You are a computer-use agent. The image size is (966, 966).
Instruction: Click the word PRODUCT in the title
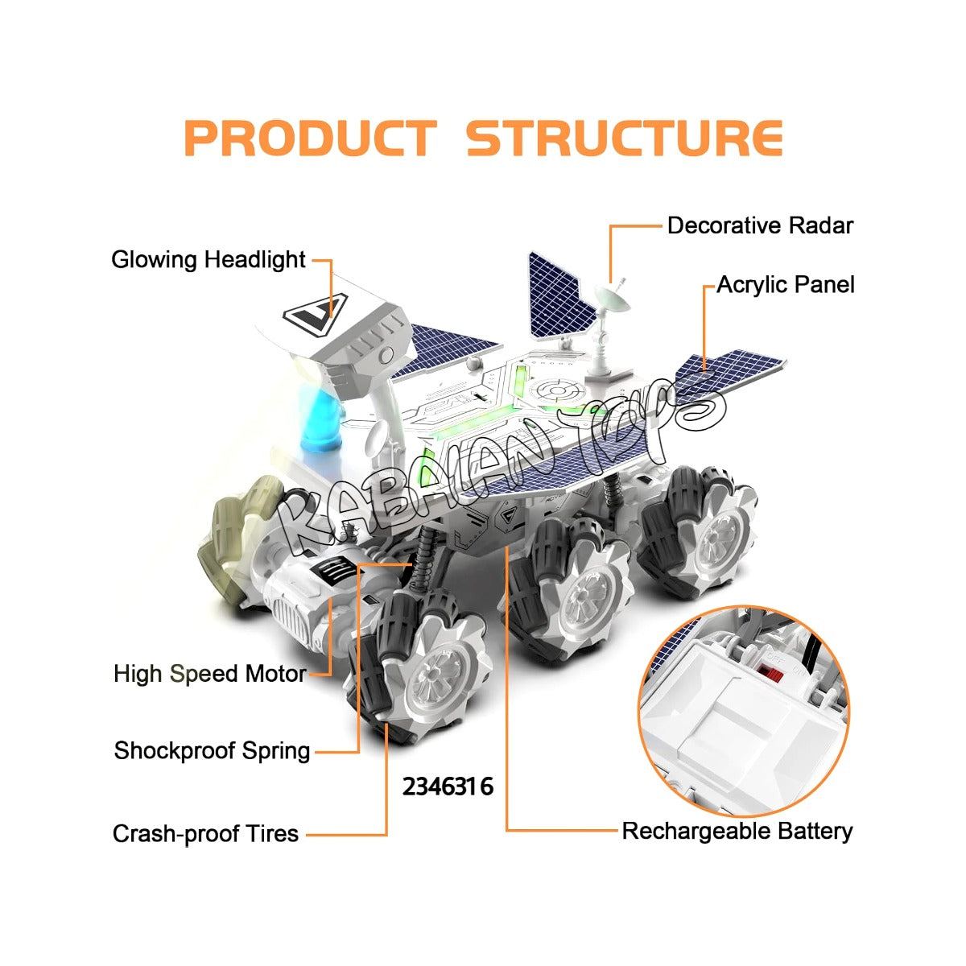coord(311,138)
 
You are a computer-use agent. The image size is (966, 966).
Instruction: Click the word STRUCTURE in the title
coord(624,138)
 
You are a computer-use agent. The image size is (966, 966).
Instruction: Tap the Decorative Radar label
coord(759,225)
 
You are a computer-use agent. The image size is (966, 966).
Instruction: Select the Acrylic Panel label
coord(785,285)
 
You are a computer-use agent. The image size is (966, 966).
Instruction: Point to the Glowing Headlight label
coord(208,260)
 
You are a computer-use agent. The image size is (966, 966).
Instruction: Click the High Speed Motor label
coord(209,674)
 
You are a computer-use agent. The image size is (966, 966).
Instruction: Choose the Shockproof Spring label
coord(212,751)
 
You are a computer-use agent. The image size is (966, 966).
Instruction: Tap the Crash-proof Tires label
coord(205,833)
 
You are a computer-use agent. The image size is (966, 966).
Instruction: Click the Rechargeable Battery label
coord(737,831)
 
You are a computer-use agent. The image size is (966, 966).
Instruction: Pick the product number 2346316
coord(448,786)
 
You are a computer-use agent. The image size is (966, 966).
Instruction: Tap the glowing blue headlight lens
coord(321,419)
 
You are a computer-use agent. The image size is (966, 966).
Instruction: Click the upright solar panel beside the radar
coord(555,298)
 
